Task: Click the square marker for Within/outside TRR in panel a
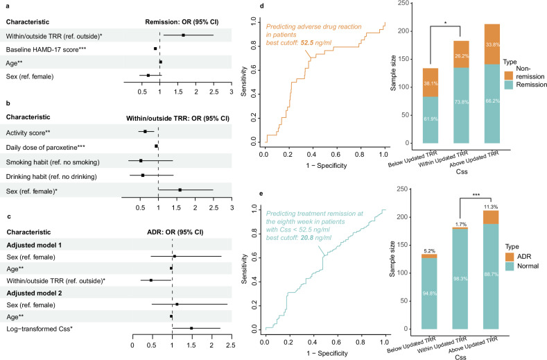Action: [x=183, y=35]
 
